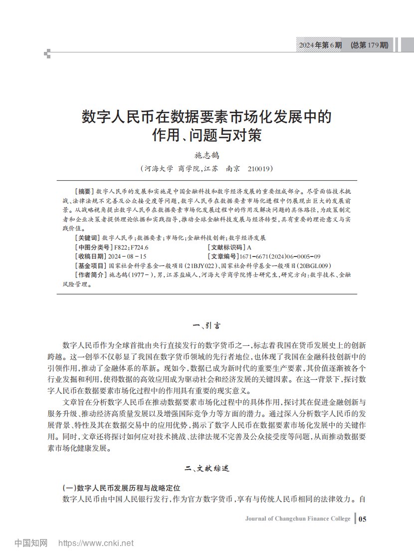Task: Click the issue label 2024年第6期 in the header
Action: [320, 45]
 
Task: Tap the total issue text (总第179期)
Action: [369, 45]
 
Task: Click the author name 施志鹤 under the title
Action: [207, 156]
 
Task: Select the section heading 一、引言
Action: [207, 326]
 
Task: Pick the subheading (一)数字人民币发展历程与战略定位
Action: [120, 487]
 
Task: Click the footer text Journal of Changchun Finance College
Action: [297, 519]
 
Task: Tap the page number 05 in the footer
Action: [362, 519]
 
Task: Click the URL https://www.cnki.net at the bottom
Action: [96, 543]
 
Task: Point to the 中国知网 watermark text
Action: [31, 543]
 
